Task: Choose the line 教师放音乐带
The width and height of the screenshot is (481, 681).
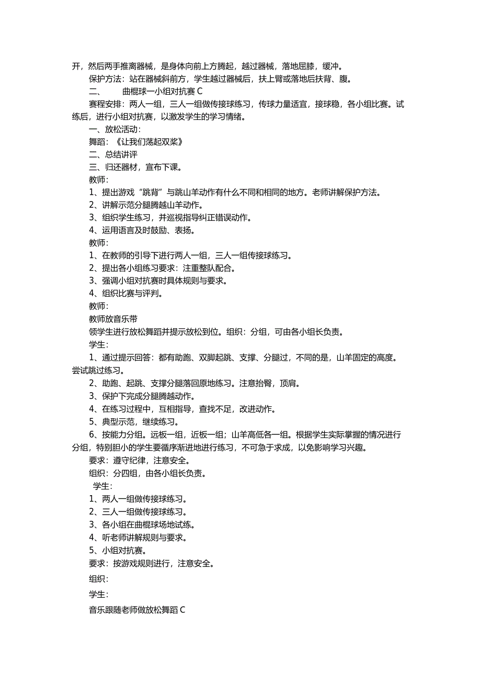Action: [x=113, y=319]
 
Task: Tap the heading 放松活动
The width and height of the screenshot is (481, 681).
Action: [x=122, y=129]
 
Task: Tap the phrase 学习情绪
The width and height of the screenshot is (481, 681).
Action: [x=224, y=117]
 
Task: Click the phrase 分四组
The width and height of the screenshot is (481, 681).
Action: [x=125, y=473]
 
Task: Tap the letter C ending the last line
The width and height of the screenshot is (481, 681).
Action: [x=182, y=610]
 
